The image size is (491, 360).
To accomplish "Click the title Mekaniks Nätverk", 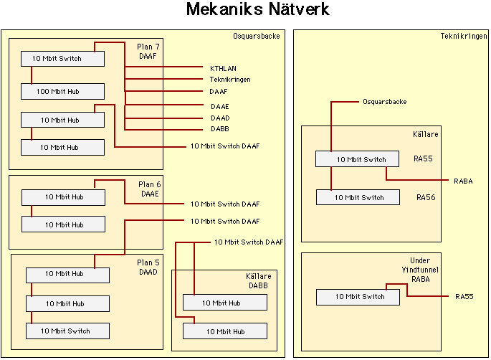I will pos(258,10).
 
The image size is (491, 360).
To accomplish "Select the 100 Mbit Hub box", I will pos(62,91).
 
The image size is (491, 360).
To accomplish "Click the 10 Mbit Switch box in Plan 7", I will pos(62,58).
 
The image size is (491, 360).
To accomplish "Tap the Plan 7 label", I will pos(150,45).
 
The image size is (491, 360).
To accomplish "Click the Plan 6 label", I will pos(150,183).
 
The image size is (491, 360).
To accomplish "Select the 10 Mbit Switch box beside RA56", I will pos(358,197).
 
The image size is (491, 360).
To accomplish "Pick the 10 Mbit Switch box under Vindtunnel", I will pos(358,297).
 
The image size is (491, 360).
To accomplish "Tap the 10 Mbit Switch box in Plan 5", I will pos(67,331).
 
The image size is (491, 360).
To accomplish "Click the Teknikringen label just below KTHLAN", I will pos(229,80).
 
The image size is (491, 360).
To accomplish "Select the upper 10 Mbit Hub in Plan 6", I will pos(63,196).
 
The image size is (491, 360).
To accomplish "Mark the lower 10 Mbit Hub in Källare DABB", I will pos(224,331).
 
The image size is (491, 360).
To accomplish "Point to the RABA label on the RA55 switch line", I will pos(463,181).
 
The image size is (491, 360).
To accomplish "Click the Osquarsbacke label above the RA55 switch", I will pos(385,102).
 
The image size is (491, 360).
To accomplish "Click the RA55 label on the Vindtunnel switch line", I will pos(464,296).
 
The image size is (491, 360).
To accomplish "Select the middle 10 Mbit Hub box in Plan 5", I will pos(67,304).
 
